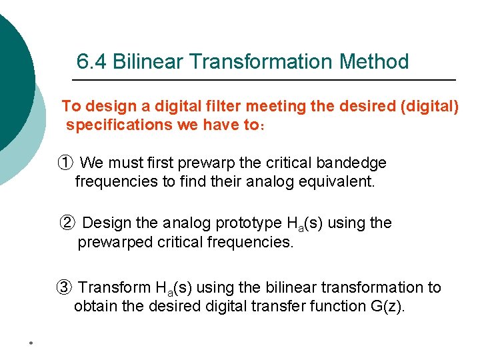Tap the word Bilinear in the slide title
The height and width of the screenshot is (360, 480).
149,62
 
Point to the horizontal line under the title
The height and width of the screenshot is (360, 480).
263,80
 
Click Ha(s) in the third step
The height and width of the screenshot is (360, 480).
174,289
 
